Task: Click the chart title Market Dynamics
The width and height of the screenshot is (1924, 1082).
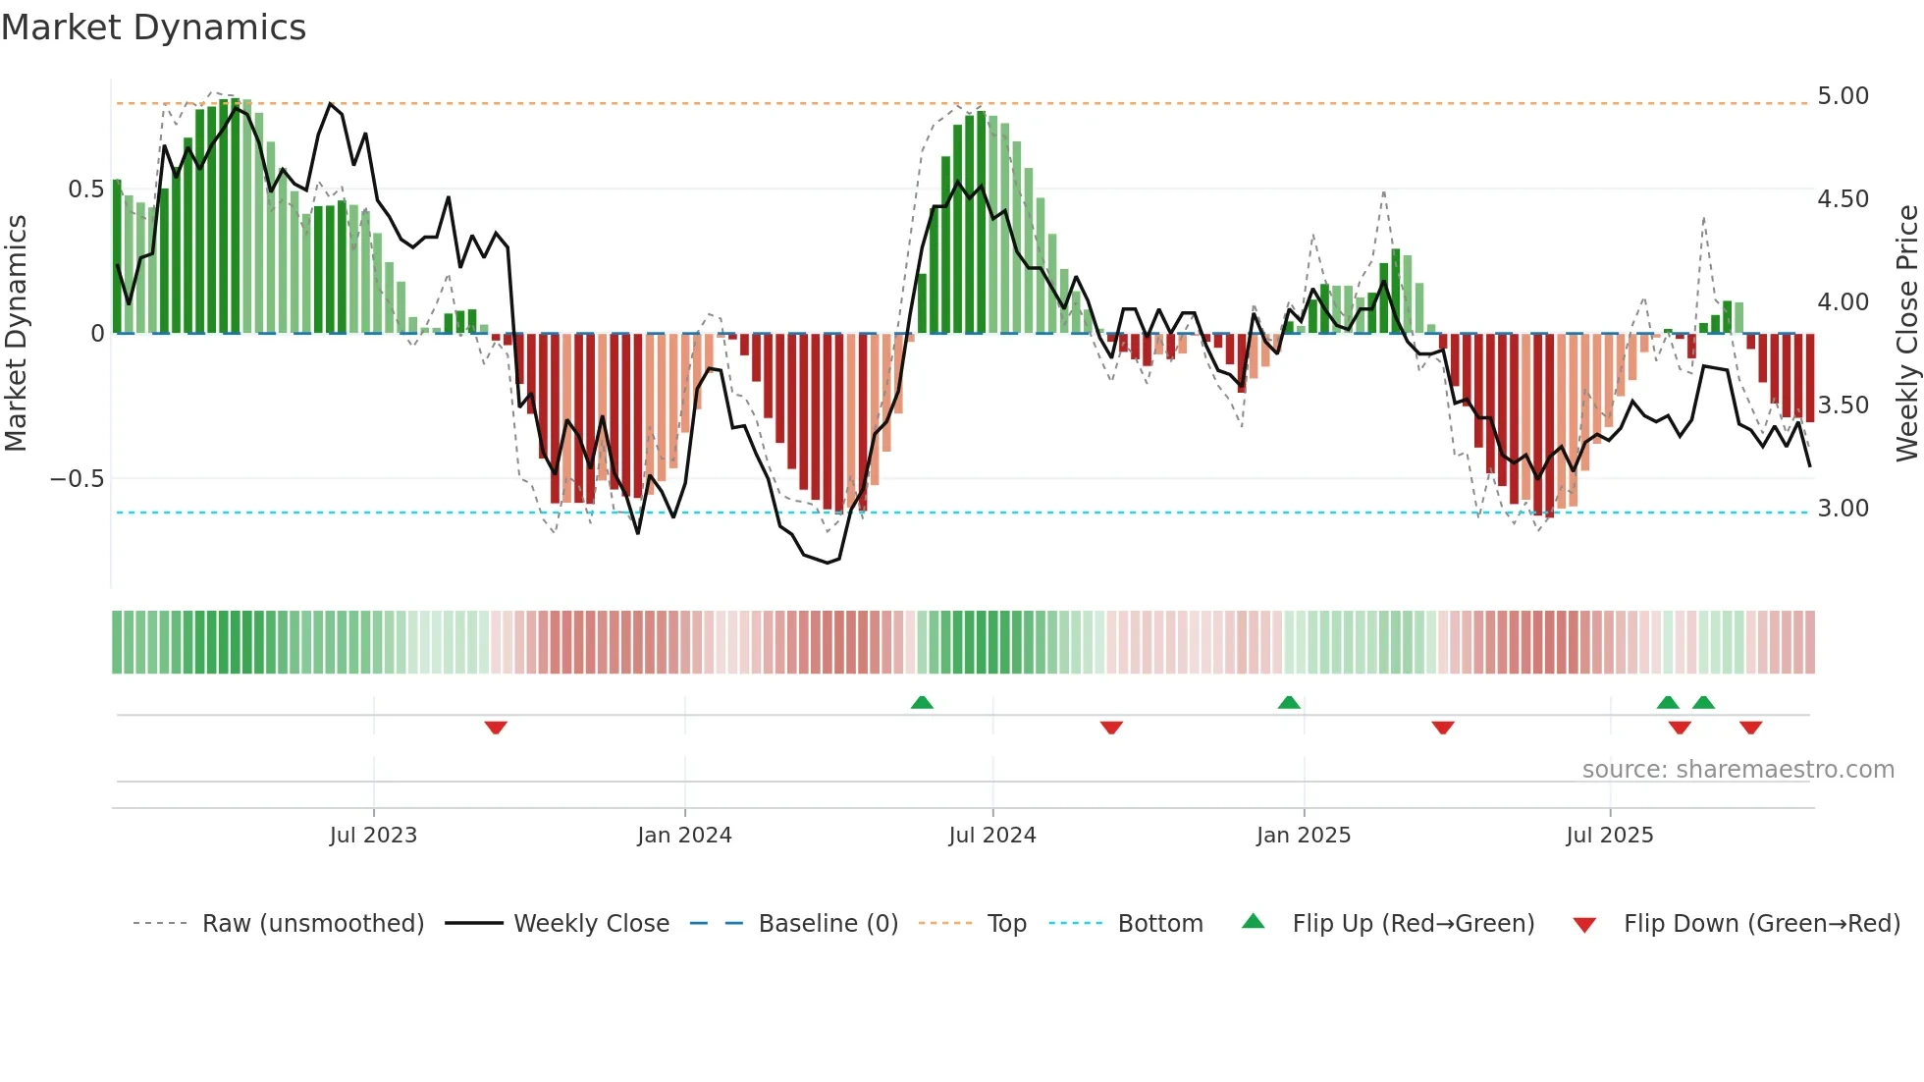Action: (x=154, y=27)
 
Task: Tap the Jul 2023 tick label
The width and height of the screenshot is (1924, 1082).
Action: (x=373, y=836)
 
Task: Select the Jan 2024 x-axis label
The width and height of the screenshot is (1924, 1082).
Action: (x=684, y=836)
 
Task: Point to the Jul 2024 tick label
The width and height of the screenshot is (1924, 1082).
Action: (x=992, y=836)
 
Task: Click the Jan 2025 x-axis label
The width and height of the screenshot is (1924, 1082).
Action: (x=1304, y=836)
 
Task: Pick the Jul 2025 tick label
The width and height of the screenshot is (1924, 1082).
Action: (x=1610, y=836)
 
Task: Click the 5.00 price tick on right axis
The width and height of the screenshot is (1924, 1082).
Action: (x=1843, y=96)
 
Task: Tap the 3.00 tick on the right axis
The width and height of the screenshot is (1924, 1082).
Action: (x=1843, y=509)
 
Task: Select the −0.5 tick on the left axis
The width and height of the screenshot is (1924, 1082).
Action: (x=78, y=479)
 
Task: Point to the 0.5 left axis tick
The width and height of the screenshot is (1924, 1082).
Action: (x=86, y=189)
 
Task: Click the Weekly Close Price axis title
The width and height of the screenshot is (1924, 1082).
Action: (x=1906, y=334)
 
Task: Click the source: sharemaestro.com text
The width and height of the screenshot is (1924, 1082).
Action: (x=1737, y=770)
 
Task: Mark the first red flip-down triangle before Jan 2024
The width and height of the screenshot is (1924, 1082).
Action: (x=496, y=728)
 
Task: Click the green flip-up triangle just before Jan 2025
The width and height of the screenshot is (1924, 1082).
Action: (x=1289, y=702)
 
